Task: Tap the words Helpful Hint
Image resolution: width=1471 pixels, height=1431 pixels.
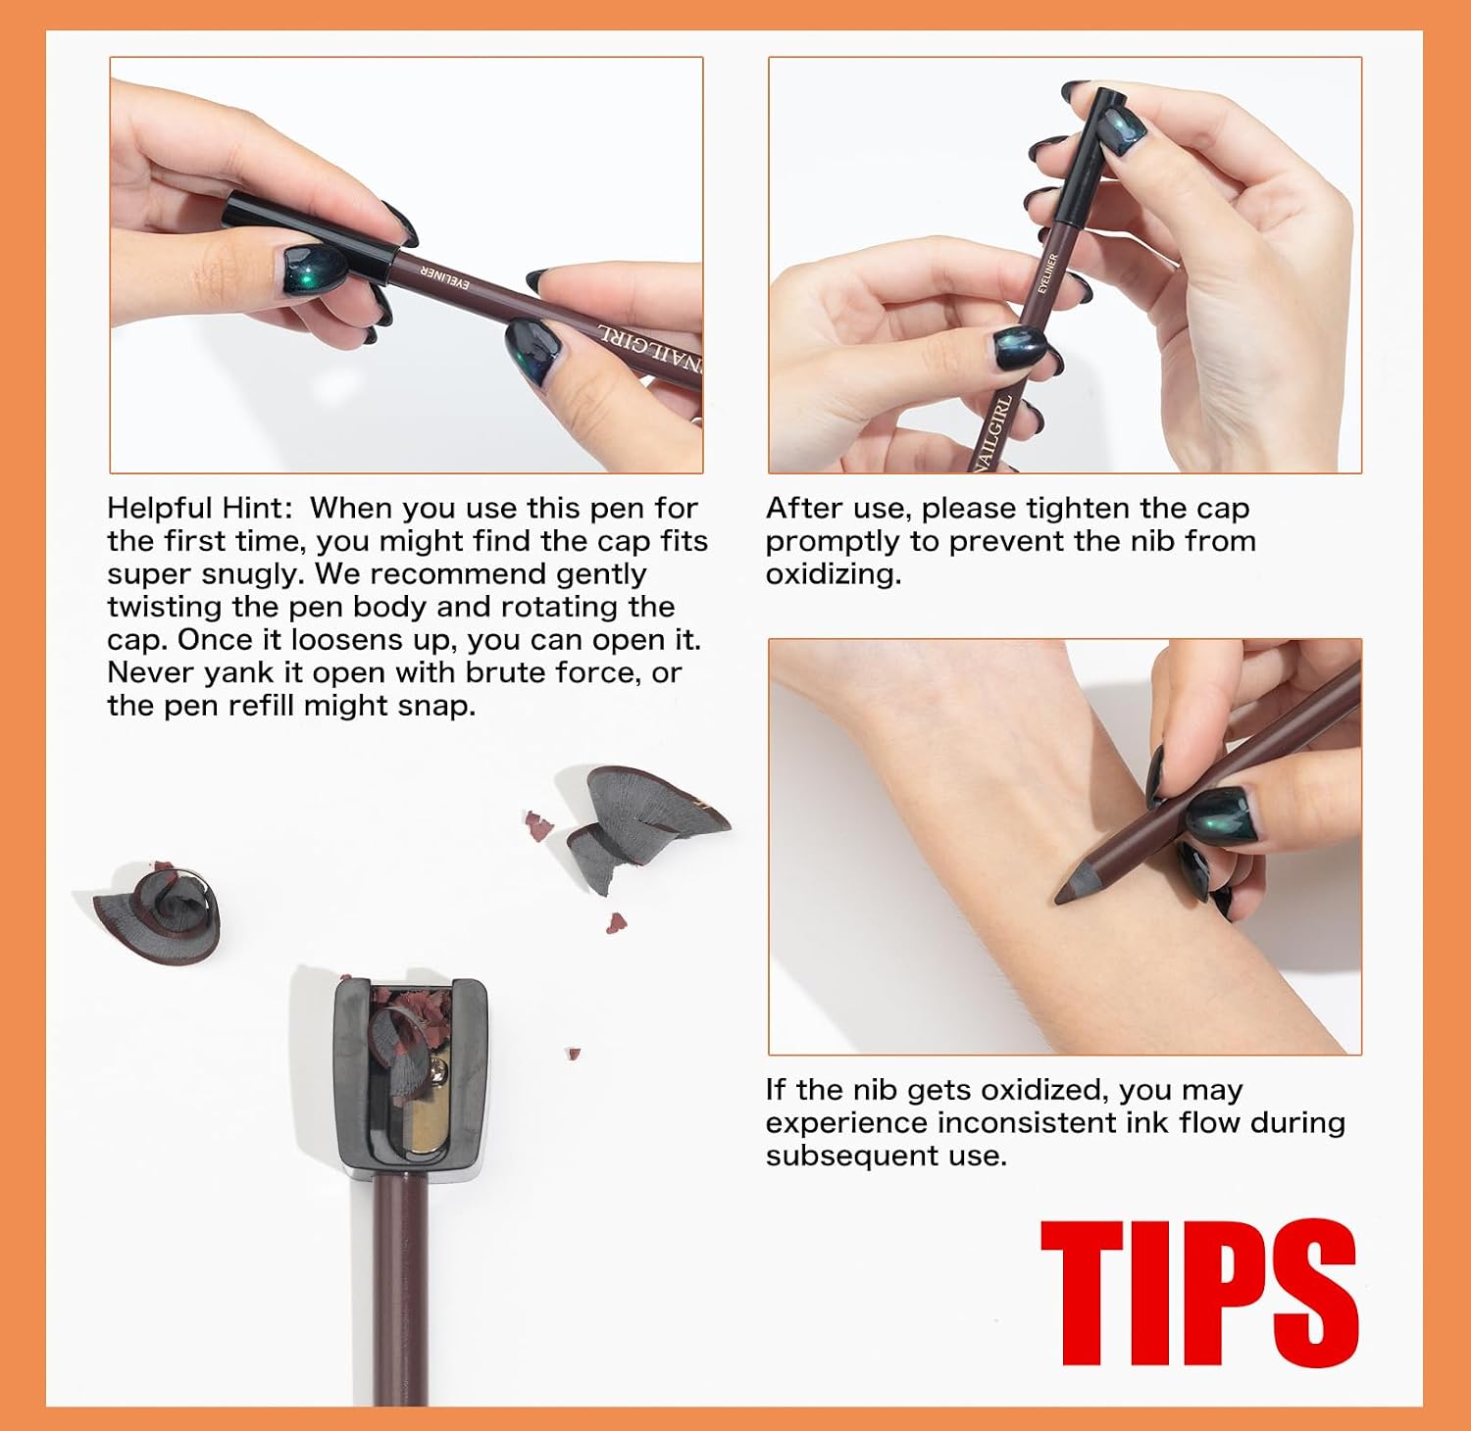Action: coord(199,508)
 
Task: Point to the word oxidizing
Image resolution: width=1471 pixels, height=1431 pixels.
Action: coord(834,574)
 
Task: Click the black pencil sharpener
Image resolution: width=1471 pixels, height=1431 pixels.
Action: coord(411,1076)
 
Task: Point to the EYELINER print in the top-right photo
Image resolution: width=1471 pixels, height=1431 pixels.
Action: coord(1047,273)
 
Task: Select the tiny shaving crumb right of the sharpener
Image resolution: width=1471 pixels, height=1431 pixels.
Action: coord(573,1055)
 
